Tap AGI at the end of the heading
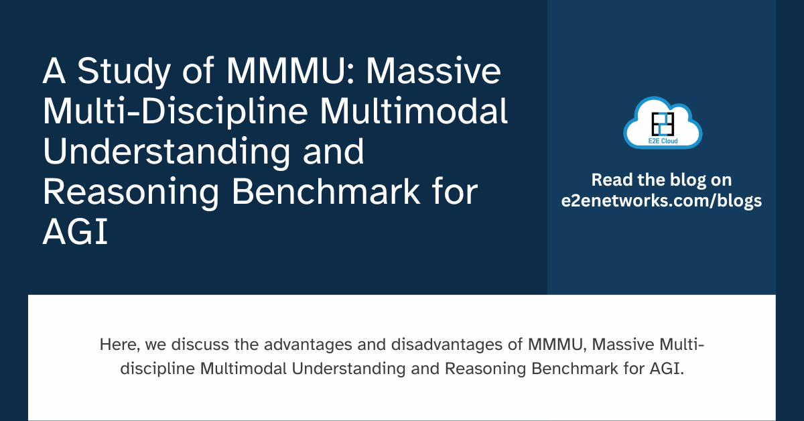coord(75,234)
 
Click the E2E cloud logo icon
coord(662,123)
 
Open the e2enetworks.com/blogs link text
coord(662,200)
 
